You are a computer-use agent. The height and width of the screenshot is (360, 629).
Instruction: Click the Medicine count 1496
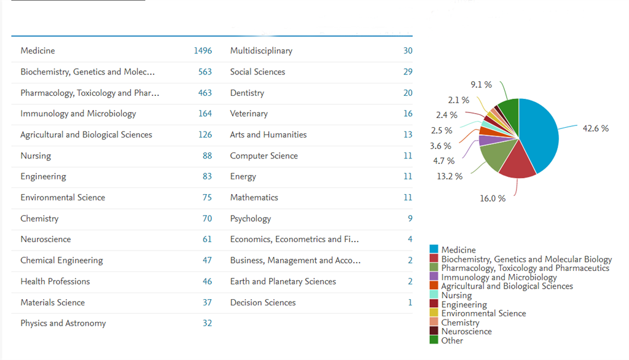pyautogui.click(x=203, y=51)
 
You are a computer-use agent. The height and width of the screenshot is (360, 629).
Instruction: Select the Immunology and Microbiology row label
pyautogui.click(x=78, y=114)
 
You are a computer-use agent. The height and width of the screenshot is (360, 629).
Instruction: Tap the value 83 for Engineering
pyautogui.click(x=207, y=177)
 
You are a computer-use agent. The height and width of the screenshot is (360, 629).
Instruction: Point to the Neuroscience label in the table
pyautogui.click(x=45, y=240)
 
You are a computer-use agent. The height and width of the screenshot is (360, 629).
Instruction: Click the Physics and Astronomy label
pyautogui.click(x=63, y=324)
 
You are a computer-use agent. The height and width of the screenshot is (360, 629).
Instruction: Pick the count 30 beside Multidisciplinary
pyautogui.click(x=408, y=51)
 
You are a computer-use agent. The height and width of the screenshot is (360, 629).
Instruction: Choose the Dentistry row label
pyautogui.click(x=247, y=93)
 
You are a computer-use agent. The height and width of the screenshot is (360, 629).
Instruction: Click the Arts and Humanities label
pyautogui.click(x=268, y=135)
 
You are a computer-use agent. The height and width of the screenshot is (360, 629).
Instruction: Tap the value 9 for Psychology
pyautogui.click(x=410, y=219)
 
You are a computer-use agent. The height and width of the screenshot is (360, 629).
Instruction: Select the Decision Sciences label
pyautogui.click(x=263, y=303)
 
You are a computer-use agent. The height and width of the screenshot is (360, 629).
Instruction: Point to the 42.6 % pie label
pyautogui.click(x=595, y=129)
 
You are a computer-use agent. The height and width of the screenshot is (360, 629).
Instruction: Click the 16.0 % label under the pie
pyautogui.click(x=493, y=198)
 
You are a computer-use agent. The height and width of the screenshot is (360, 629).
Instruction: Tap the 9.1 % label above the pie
pyautogui.click(x=481, y=85)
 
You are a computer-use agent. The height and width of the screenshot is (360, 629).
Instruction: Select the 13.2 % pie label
pyautogui.click(x=450, y=177)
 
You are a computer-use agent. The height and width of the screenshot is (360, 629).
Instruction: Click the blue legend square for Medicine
pyautogui.click(x=434, y=249)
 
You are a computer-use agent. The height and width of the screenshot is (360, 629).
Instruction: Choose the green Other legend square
pyautogui.click(x=434, y=340)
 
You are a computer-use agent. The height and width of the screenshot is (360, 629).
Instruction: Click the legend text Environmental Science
pyautogui.click(x=483, y=313)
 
